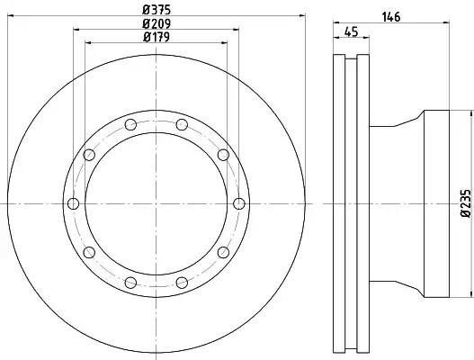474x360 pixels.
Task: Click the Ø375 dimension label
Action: click(x=157, y=10)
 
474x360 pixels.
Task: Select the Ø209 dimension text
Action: click(x=157, y=23)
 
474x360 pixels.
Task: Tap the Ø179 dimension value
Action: click(x=157, y=37)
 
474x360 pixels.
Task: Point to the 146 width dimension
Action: click(x=391, y=17)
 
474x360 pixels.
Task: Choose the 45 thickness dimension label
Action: click(x=352, y=31)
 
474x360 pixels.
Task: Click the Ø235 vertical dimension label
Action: click(x=466, y=203)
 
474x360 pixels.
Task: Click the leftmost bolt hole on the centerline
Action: click(x=73, y=203)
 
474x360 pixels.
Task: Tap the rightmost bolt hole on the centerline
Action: click(x=239, y=203)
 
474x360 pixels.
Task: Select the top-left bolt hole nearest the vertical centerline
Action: click(x=130, y=124)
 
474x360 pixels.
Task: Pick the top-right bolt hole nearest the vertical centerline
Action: click(x=182, y=124)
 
